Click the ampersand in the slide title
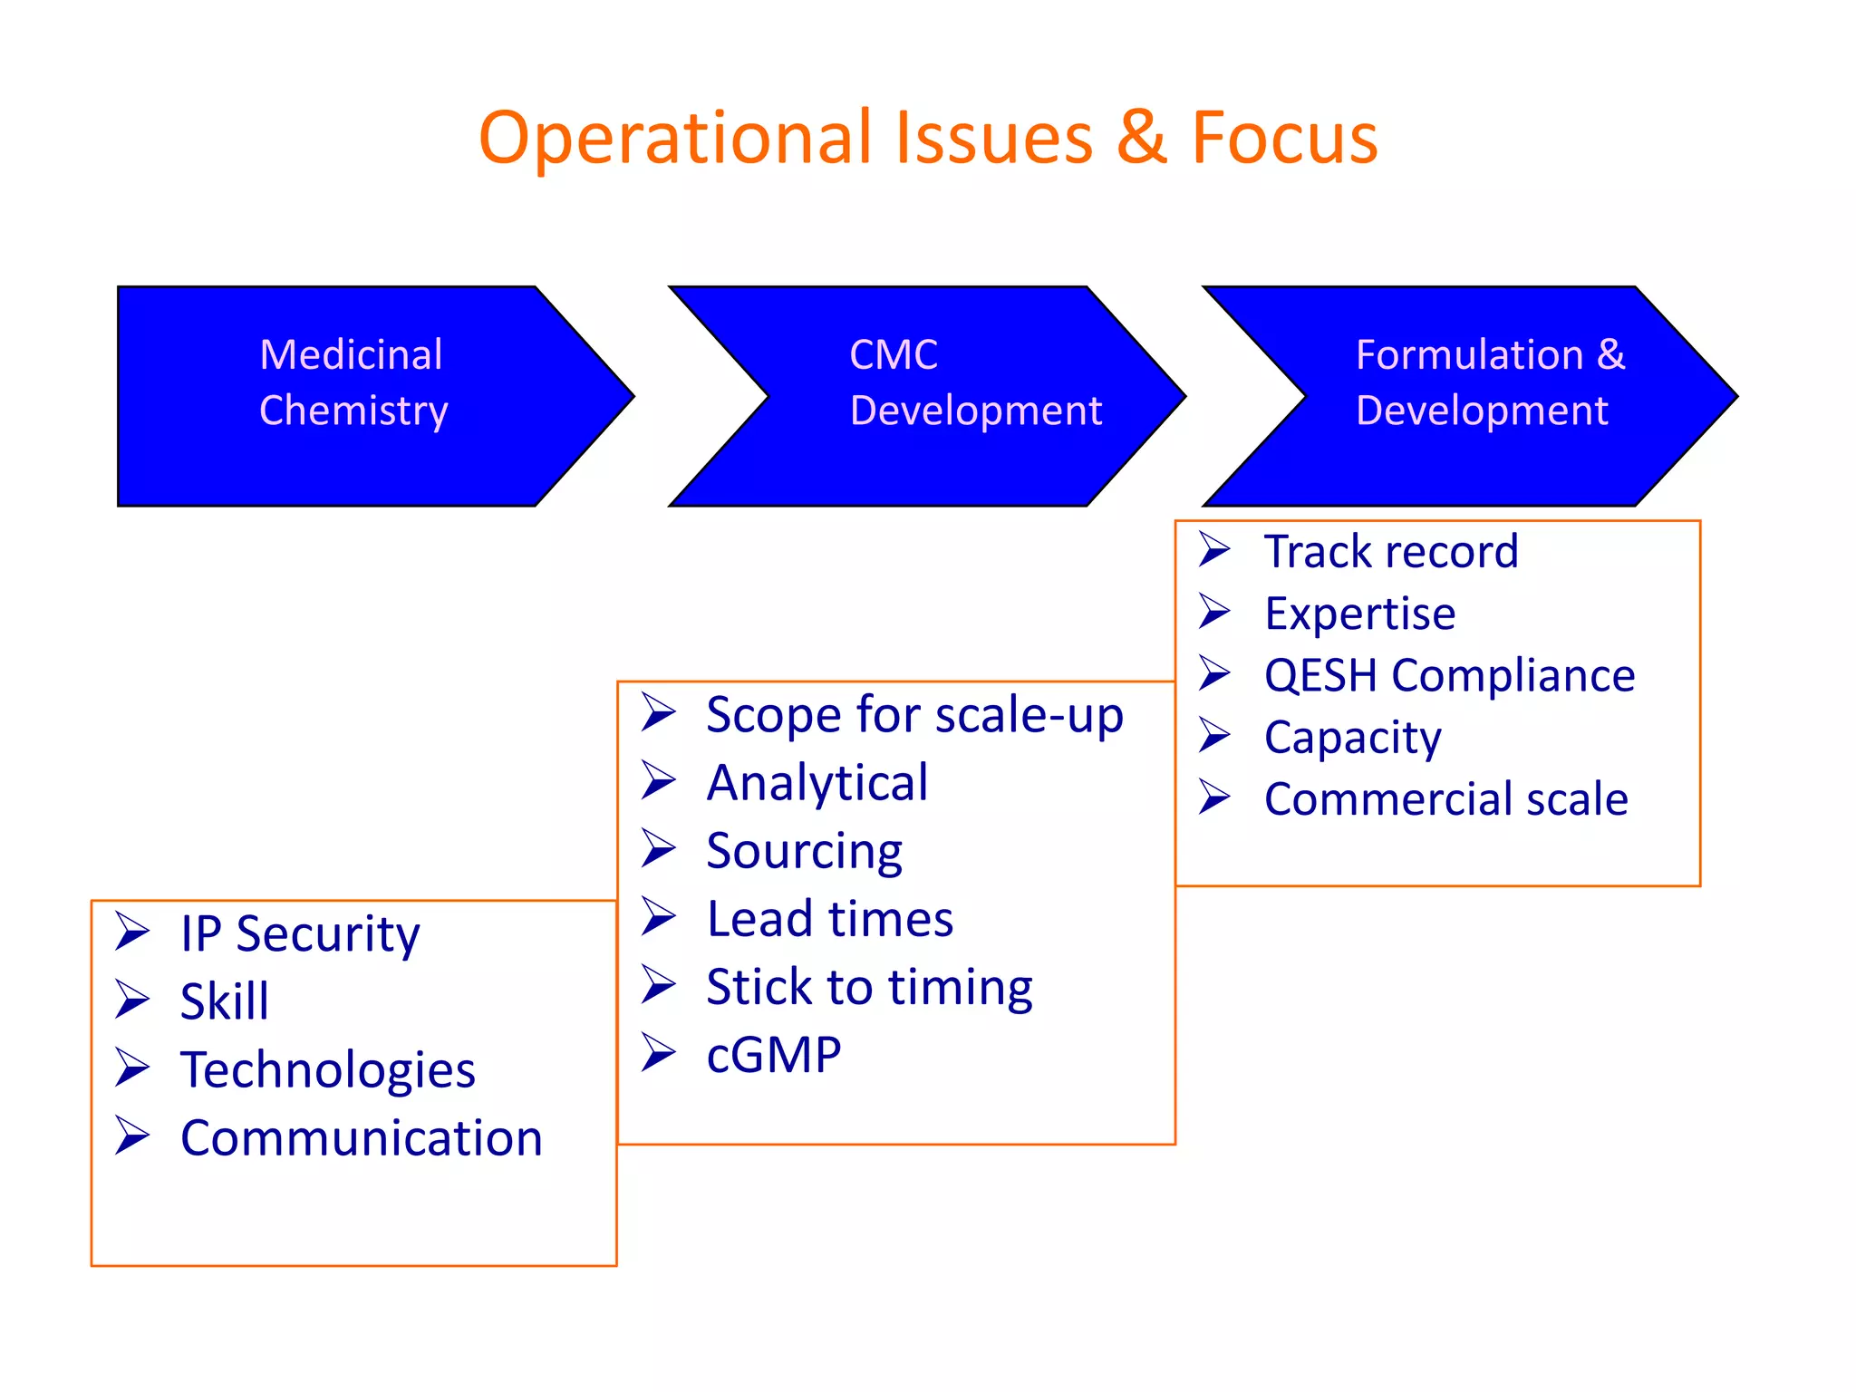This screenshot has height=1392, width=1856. click(x=1142, y=138)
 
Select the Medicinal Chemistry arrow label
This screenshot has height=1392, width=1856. click(x=353, y=382)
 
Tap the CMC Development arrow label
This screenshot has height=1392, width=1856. click(x=975, y=382)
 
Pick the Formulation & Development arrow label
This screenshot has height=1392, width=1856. click(x=1490, y=382)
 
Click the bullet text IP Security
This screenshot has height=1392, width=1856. click(x=300, y=933)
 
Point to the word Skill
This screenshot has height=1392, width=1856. click(x=225, y=1001)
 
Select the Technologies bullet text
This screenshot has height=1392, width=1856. click(x=328, y=1069)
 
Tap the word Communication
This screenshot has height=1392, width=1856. click(x=362, y=1138)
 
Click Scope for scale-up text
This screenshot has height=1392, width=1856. click(x=914, y=715)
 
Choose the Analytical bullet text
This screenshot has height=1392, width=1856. click(x=817, y=783)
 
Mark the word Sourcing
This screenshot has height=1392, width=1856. click(x=804, y=851)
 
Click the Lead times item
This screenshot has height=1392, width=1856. click(x=830, y=919)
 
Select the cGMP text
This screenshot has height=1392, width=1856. click(x=774, y=1055)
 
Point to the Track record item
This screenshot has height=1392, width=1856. click(x=1391, y=551)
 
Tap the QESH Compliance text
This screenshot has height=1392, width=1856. click(x=1449, y=675)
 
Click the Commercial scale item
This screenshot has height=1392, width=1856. click(x=1446, y=799)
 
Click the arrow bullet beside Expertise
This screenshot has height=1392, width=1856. click(x=1214, y=612)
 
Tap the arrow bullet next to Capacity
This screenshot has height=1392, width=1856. click(x=1214, y=735)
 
